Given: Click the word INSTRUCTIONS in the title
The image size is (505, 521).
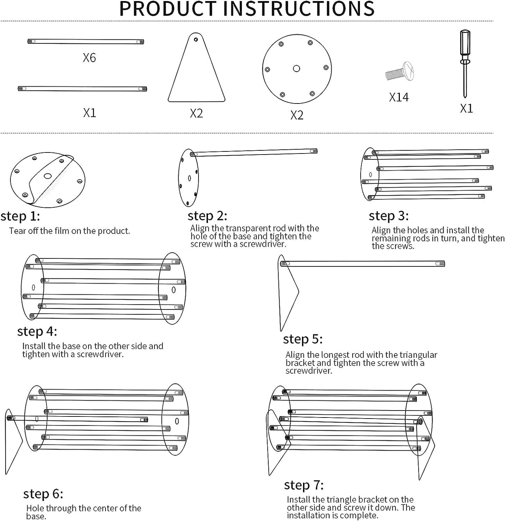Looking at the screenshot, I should [x=303, y=9].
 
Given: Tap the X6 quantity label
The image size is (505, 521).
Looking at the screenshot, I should [x=89, y=58].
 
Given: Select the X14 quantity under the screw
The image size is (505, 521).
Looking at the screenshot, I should [x=399, y=97].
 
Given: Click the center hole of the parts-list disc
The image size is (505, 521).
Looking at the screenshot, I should [x=296, y=69].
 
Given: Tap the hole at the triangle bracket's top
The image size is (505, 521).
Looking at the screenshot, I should [x=196, y=40].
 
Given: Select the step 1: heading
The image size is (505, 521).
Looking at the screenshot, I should [x=20, y=216].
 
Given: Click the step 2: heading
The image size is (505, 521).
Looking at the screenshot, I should [x=208, y=216].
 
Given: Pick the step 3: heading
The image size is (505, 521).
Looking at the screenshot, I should [x=389, y=216].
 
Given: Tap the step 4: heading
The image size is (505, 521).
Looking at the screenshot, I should [x=37, y=331].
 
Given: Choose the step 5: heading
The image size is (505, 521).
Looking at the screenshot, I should [x=303, y=339].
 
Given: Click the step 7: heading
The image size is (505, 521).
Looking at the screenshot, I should [x=304, y=485].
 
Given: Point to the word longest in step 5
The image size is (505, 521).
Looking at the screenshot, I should [x=337, y=355].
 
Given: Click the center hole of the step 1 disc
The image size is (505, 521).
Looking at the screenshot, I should [x=48, y=176].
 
